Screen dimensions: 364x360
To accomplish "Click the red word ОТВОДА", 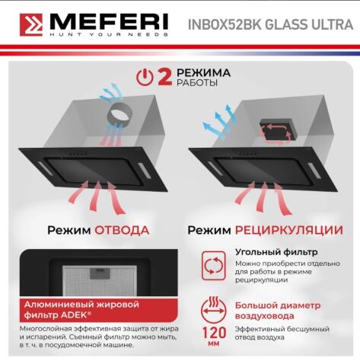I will pyautogui.click(x=121, y=229).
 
